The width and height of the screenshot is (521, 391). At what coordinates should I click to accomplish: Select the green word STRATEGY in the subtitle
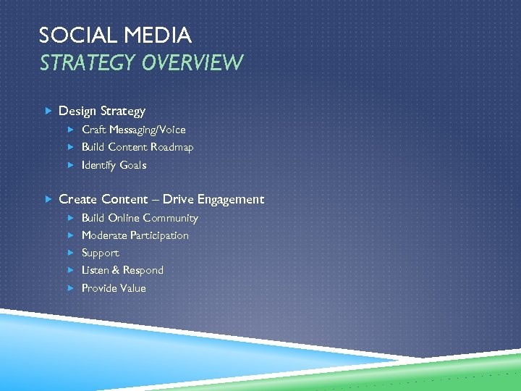click(x=88, y=64)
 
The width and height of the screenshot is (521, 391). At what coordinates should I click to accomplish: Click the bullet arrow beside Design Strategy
click(x=47, y=111)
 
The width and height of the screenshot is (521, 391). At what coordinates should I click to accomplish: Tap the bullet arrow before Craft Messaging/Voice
click(x=71, y=130)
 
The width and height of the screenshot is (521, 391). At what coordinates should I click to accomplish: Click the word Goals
click(x=133, y=165)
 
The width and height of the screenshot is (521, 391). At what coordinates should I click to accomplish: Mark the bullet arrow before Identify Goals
click(x=71, y=165)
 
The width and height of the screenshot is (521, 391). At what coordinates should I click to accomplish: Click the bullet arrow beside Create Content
click(x=47, y=199)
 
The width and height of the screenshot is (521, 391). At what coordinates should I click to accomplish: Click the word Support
click(x=101, y=253)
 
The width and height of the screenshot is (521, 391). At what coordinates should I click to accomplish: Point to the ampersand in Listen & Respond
click(x=116, y=270)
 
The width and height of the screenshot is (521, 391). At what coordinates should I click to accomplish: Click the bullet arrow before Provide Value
click(x=71, y=288)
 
